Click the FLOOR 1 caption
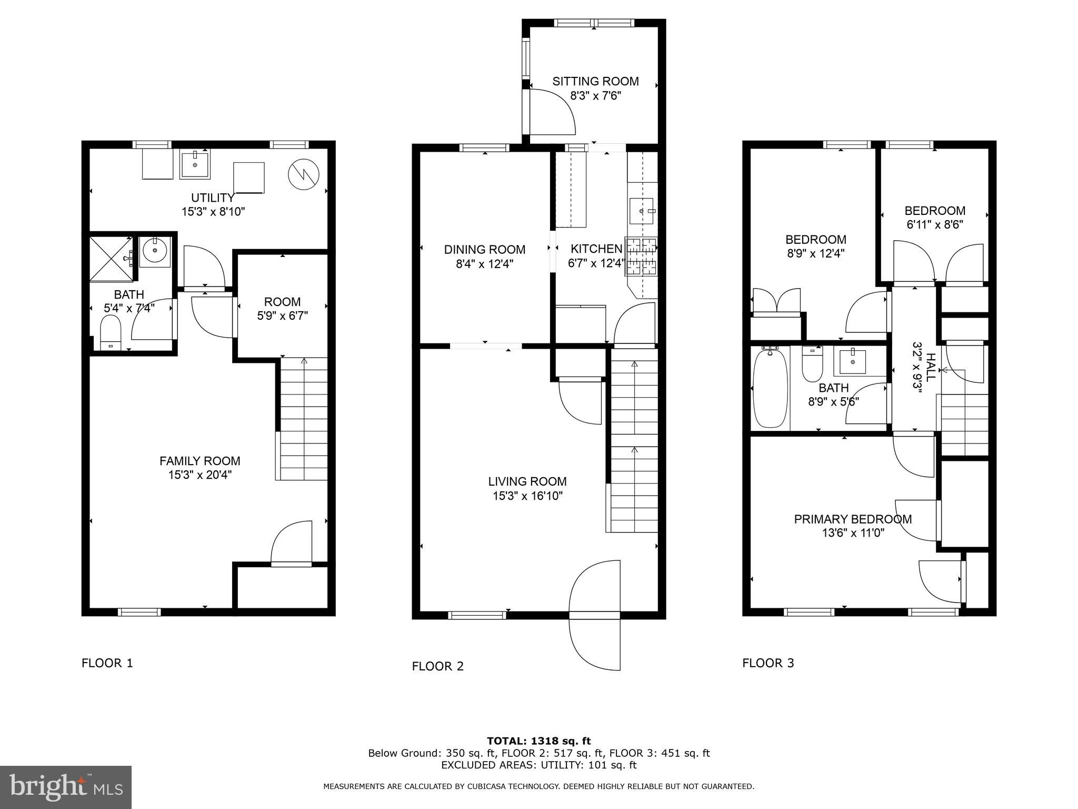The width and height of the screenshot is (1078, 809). tap(107, 663)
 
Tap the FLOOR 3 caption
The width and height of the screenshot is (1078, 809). tap(768, 663)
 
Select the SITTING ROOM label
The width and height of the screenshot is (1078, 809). tap(595, 81)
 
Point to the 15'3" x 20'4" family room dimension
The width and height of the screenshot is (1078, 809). tap(200, 475)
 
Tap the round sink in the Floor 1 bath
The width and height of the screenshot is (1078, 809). tap(155, 252)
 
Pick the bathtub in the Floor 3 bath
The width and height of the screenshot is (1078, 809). tap(771, 389)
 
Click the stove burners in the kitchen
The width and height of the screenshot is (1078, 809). tap(641, 256)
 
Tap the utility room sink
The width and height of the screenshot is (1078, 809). tap(195, 164)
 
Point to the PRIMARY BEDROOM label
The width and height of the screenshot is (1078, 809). tap(853, 519)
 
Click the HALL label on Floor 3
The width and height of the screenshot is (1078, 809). tap(931, 368)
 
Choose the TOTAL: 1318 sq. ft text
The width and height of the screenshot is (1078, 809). tap(539, 742)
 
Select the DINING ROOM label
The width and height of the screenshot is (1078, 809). tap(485, 250)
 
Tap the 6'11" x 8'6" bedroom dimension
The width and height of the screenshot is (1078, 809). tap(935, 225)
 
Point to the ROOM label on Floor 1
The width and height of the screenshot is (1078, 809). tap(283, 302)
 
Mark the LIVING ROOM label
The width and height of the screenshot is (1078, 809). tap(527, 481)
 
